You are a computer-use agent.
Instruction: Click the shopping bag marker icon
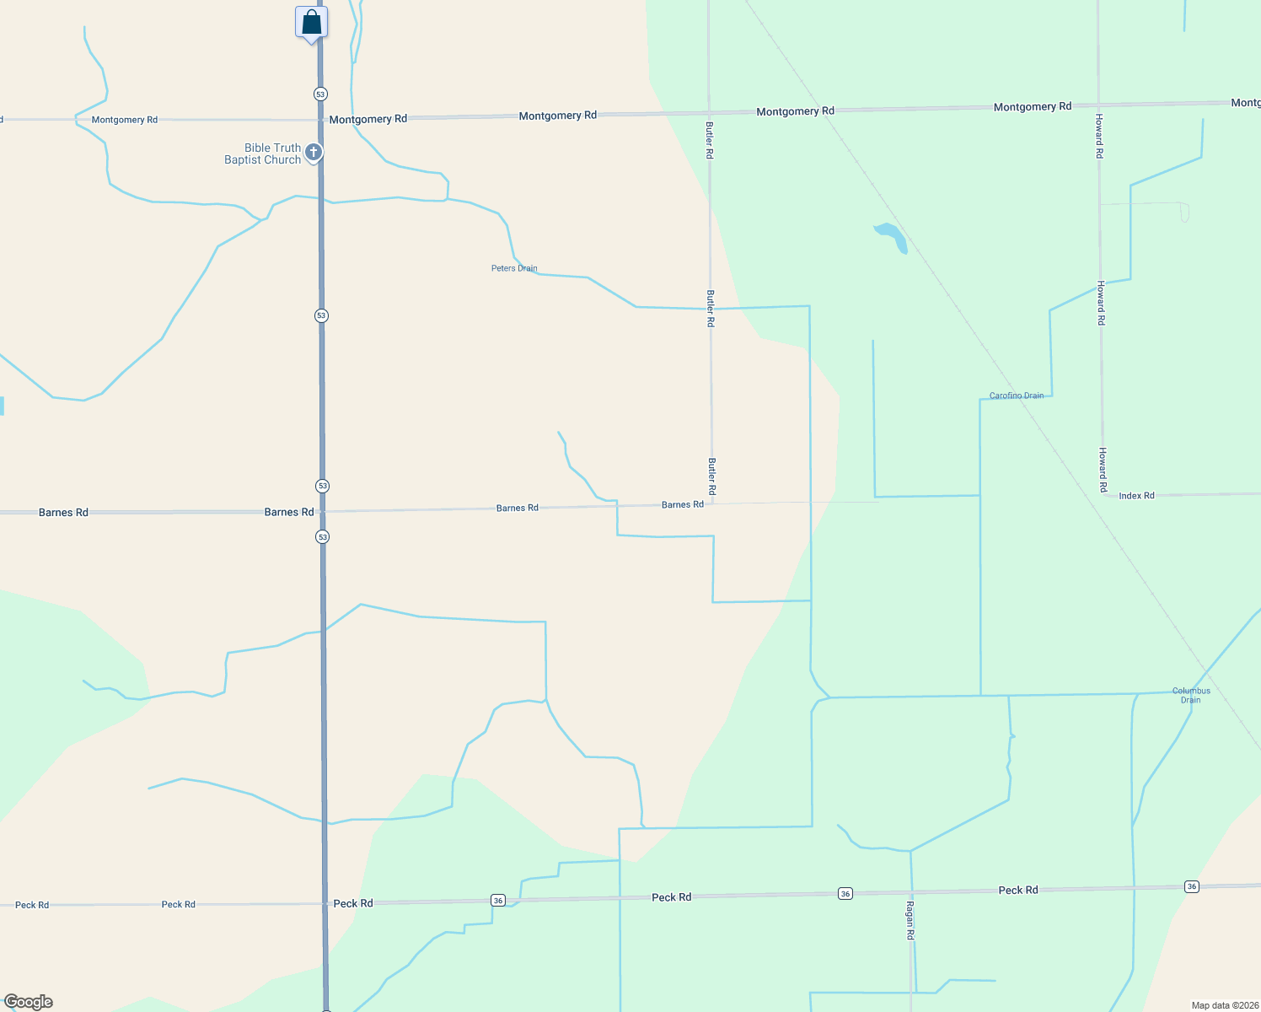point(311,23)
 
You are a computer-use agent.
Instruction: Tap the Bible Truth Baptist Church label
point(262,153)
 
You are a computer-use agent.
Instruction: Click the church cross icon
point(314,153)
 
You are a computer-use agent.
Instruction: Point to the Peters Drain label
point(514,268)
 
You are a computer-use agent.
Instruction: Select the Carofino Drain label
point(1016,396)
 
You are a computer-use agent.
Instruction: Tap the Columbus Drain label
point(1191,695)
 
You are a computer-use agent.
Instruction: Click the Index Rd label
point(1136,496)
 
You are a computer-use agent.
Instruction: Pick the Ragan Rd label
point(910,920)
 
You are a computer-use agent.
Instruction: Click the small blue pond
point(892,236)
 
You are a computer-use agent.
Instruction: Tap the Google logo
point(29,1002)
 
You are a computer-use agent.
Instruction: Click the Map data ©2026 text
point(1225,1005)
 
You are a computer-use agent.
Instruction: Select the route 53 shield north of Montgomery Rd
point(320,94)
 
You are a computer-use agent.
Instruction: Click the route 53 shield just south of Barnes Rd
point(322,537)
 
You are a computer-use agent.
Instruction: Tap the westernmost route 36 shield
point(498,901)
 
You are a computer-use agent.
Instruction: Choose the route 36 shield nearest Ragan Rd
point(845,894)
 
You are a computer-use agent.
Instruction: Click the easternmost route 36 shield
point(1191,886)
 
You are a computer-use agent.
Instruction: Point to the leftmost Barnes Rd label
point(63,513)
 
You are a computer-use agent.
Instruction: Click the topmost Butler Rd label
point(709,140)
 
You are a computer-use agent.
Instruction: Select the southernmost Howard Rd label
point(1103,470)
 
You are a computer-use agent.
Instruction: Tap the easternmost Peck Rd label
point(1017,890)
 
